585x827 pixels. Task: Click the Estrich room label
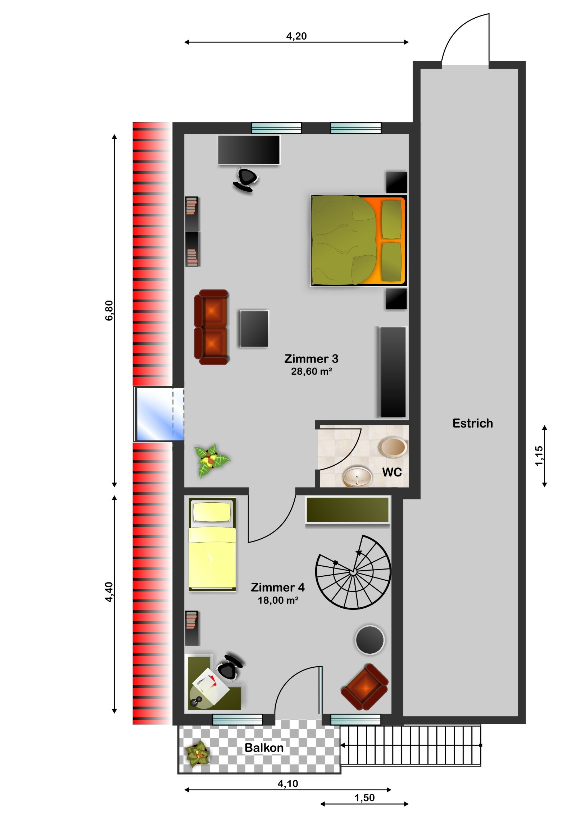472,423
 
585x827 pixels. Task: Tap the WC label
392,472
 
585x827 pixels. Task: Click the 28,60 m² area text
312,371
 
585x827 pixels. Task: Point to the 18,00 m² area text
278,600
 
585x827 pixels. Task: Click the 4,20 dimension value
296,36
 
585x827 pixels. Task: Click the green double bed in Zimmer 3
359,241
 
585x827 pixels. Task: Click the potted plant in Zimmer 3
212,461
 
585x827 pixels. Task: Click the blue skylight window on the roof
159,414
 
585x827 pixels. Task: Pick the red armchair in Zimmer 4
364,687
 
